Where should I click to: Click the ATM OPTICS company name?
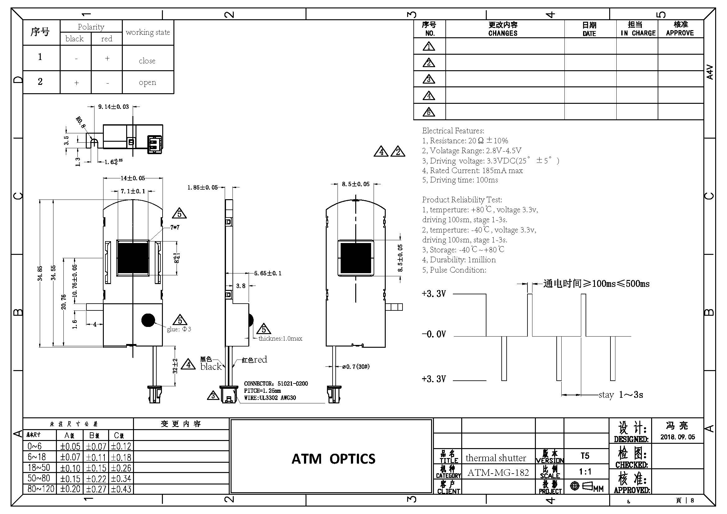pyautogui.click(x=333, y=459)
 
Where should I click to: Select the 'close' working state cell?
pyautogui.click(x=147, y=61)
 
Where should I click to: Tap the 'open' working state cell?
pyautogui.click(x=147, y=82)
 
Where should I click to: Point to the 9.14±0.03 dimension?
pyautogui.click(x=113, y=107)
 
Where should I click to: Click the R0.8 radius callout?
pyautogui.click(x=81, y=122)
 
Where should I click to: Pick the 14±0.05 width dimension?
pyautogui.click(x=133, y=178)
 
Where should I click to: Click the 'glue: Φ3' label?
pyautogui.click(x=179, y=329)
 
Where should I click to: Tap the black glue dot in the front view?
pyautogui.click(x=148, y=320)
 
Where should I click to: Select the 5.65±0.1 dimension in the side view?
pyautogui.click(x=268, y=273)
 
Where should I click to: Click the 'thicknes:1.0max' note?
pyautogui.click(x=280, y=338)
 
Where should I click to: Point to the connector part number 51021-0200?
pyautogui.click(x=292, y=383)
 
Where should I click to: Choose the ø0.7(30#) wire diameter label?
pyautogui.click(x=356, y=366)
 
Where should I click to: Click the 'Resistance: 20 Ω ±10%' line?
pyautogui.click(x=465, y=140)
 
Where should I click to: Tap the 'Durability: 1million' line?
pyautogui.click(x=459, y=260)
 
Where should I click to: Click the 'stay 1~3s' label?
pyautogui.click(x=621, y=395)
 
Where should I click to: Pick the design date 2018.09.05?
pyautogui.click(x=677, y=437)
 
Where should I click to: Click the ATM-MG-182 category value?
pyautogui.click(x=498, y=473)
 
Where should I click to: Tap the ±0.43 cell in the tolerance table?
pyautogui.click(x=121, y=489)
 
